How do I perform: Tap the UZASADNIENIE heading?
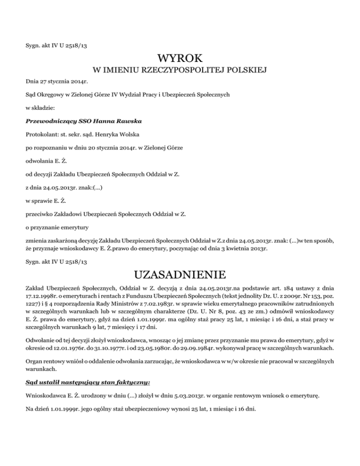click(180, 273)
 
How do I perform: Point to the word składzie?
click(45, 107)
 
